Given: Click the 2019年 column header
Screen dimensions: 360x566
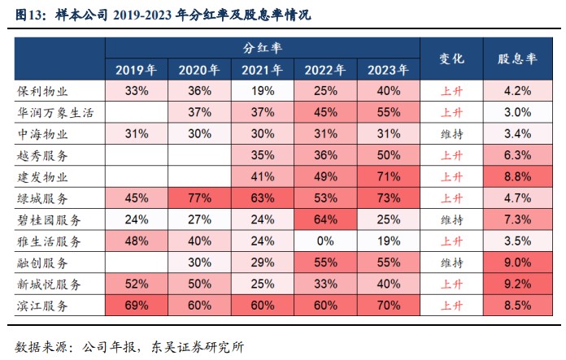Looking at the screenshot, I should [136, 70].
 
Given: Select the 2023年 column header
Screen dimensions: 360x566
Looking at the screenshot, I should [388, 70].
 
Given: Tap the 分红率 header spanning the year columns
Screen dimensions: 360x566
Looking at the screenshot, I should [262, 49].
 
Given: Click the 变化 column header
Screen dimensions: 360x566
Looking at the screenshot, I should [451, 59].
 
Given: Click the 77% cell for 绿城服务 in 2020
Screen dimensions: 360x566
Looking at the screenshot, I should [199, 198].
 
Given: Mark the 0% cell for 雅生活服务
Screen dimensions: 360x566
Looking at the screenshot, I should [325, 241].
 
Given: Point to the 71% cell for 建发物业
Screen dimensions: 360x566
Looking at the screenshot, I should [388, 176].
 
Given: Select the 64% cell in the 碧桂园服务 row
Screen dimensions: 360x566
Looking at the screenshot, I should [325, 219].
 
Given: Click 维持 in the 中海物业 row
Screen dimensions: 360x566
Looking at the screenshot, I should [451, 133].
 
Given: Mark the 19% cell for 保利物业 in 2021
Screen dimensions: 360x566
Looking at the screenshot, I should [262, 90].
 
